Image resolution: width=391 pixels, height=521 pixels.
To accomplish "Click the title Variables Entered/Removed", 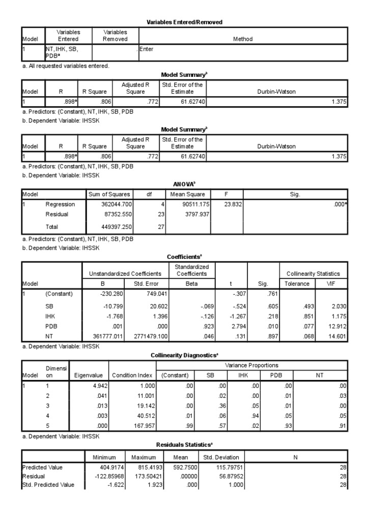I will click(184, 22).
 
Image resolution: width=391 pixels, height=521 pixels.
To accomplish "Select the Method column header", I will click(242, 39).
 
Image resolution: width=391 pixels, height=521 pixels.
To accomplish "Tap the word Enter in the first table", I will click(146, 49).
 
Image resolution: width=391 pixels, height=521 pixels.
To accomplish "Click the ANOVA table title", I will click(185, 184).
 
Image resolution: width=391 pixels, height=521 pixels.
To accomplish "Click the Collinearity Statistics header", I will click(313, 274).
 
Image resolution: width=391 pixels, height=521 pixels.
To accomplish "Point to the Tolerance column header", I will click(297, 283).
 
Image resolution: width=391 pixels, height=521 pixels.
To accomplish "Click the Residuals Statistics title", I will click(184, 444).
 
